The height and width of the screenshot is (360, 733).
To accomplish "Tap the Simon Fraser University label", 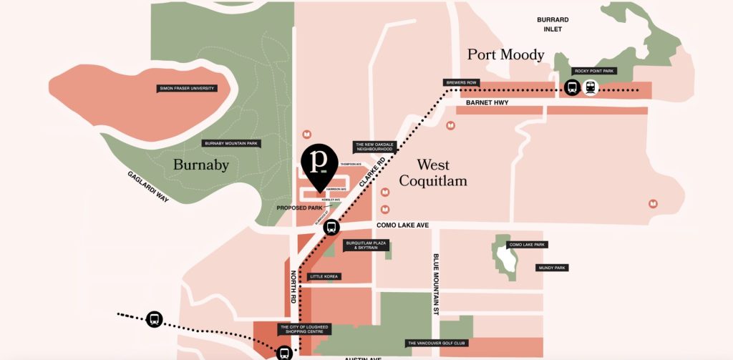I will tap(187, 89).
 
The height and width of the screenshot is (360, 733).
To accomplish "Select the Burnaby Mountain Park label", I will tap(231, 143).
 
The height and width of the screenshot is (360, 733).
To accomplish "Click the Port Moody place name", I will tap(505, 54).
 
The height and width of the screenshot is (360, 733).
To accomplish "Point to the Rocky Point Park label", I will tap(593, 71).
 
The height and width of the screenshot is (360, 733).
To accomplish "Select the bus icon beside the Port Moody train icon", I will tap(572, 88).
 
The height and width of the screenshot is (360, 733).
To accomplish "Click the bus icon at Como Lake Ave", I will tap(331, 228).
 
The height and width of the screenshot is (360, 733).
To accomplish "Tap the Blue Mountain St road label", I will tap(435, 285).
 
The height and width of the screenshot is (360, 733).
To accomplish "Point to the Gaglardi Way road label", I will tap(148, 187).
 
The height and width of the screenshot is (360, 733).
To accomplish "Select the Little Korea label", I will tap(325, 276).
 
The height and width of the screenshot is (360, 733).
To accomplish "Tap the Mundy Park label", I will tap(552, 268).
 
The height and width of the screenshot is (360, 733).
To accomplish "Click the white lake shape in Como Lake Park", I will tap(506, 262).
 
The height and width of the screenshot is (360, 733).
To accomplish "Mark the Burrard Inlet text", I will tap(553, 24).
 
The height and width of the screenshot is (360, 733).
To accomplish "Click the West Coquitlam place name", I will tap(432, 173).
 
